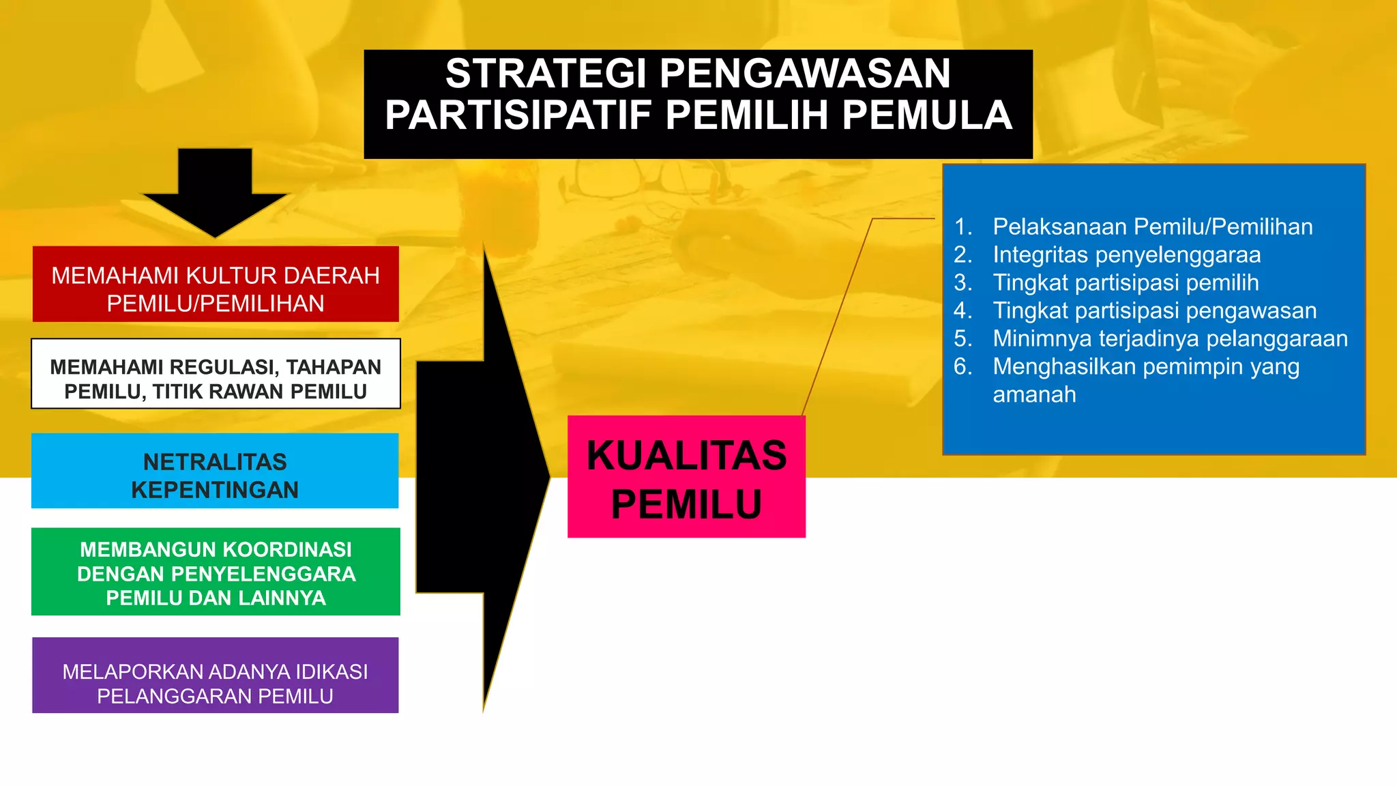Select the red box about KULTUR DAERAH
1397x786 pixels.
[x=216, y=285]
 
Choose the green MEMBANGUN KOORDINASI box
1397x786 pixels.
[x=216, y=572]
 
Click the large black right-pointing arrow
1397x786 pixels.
[x=484, y=478]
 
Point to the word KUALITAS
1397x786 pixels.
[x=686, y=456]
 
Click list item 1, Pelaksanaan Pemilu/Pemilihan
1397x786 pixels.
[x=1152, y=227]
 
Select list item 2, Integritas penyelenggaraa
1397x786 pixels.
[x=1126, y=254]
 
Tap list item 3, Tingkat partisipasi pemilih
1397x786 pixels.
[x=1126, y=282]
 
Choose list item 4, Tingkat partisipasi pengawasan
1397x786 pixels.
[x=1154, y=310]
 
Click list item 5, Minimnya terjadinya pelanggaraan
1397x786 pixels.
[x=1170, y=338]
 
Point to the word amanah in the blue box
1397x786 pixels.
[x=1034, y=394]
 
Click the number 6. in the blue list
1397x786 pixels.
[x=962, y=366]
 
